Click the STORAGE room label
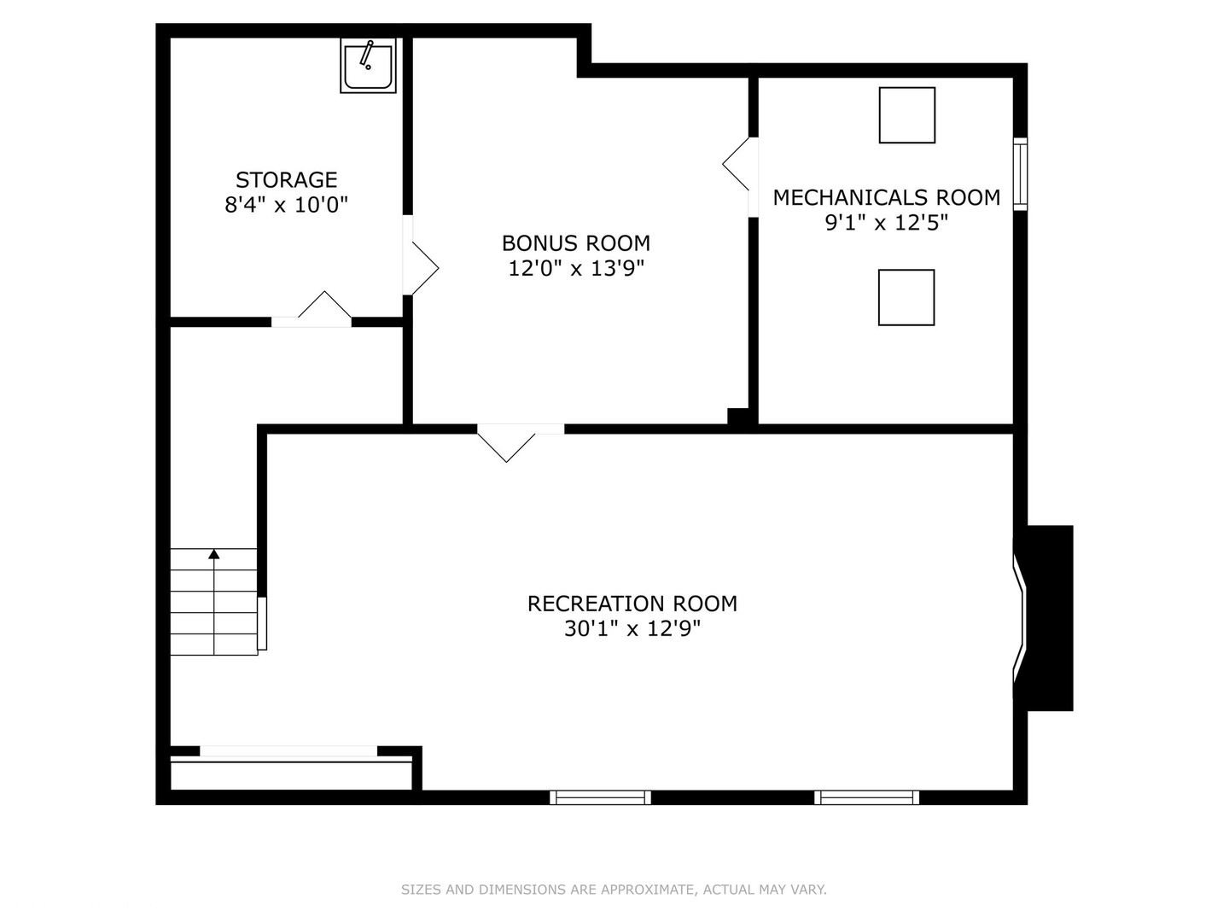click(286, 180)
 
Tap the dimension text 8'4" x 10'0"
click(286, 206)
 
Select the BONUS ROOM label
click(575, 243)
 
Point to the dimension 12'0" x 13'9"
click(575, 269)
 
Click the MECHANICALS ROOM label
click(886, 198)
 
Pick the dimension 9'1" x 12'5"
click(886, 224)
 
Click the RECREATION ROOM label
click(632, 604)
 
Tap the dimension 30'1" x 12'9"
click(632, 629)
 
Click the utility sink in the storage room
click(368, 66)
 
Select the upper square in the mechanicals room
click(906, 115)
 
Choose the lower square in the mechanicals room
click(906, 297)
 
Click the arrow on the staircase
click(213, 555)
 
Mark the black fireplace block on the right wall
click(1049, 617)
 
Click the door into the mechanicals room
click(739, 166)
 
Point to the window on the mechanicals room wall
click(1020, 173)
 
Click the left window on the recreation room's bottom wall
click(600, 797)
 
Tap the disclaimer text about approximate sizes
click(614, 890)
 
